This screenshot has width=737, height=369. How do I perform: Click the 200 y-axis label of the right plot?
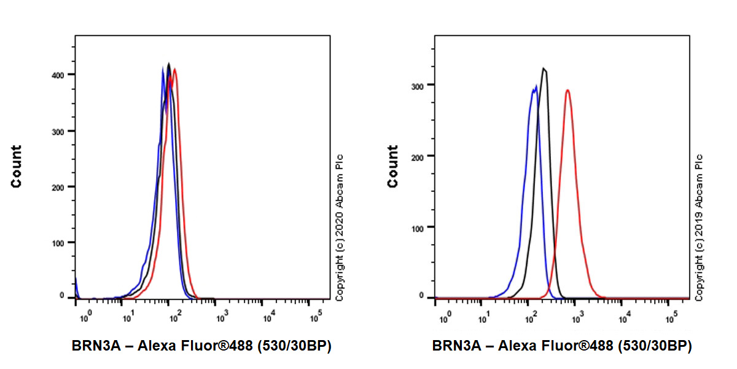tap(419, 156)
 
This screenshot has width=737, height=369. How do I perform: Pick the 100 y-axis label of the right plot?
tap(419, 227)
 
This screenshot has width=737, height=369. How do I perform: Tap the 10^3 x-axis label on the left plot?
tap(222, 317)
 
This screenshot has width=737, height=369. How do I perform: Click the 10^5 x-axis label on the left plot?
tap(316, 317)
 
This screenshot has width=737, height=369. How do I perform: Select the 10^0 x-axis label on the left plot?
tap(85, 317)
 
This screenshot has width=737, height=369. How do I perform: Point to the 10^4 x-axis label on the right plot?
tap(625, 317)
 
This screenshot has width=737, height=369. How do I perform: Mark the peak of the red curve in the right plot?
tap(567, 90)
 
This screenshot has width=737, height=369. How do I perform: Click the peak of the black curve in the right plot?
tap(544, 68)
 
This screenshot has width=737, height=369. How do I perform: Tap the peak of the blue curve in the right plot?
tap(534, 87)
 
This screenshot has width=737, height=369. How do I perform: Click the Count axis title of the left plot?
tap(16, 166)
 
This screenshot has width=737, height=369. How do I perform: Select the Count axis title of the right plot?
tap(393, 166)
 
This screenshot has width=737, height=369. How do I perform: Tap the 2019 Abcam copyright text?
tap(699, 228)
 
